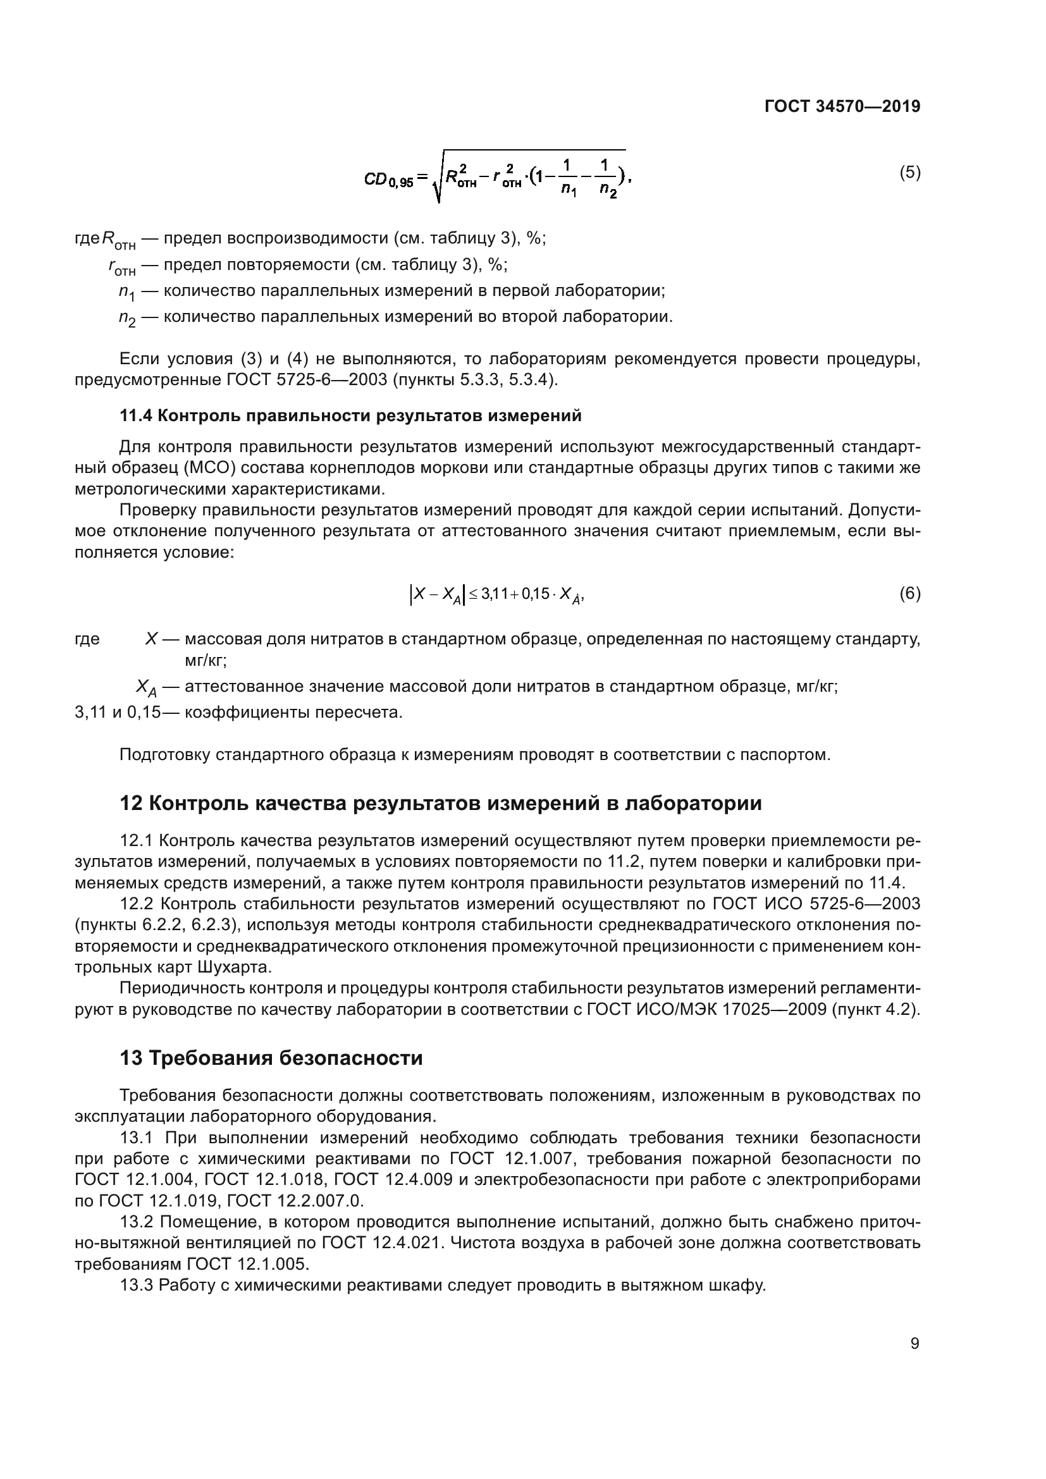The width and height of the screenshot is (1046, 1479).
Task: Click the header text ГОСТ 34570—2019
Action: [842, 106]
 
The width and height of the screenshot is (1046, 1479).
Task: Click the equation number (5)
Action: [909, 172]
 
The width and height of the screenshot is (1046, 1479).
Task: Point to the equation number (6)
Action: [909, 593]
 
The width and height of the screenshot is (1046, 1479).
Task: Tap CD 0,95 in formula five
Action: [388, 180]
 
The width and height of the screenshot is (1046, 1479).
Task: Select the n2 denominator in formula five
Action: [607, 191]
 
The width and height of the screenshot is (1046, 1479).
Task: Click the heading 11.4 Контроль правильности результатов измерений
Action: [350, 416]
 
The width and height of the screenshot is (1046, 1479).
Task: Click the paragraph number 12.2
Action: [136, 903]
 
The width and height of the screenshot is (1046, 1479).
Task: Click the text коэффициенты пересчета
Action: [293, 713]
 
